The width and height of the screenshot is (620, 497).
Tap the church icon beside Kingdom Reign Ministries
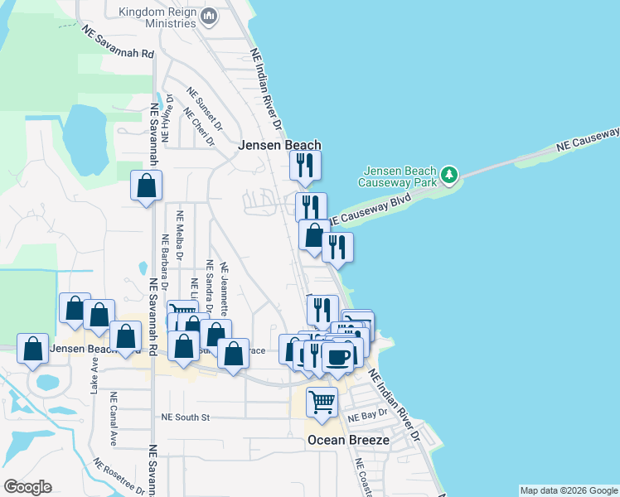[x=209, y=16]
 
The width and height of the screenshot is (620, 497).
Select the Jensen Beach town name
[x=279, y=144]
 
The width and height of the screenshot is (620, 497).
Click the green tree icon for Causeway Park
[x=449, y=175]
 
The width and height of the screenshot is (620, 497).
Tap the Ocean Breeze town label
[x=347, y=440]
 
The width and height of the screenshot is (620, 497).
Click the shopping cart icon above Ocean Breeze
[x=322, y=403]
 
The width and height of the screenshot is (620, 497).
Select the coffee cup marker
[x=338, y=357]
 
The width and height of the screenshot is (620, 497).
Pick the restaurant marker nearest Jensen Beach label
[x=306, y=166]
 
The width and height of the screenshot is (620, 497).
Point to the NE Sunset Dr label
[x=205, y=109]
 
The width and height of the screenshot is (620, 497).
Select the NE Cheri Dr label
[x=199, y=128]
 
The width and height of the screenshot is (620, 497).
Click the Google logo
[x=27, y=487]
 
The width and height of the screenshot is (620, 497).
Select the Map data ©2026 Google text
[x=569, y=490]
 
